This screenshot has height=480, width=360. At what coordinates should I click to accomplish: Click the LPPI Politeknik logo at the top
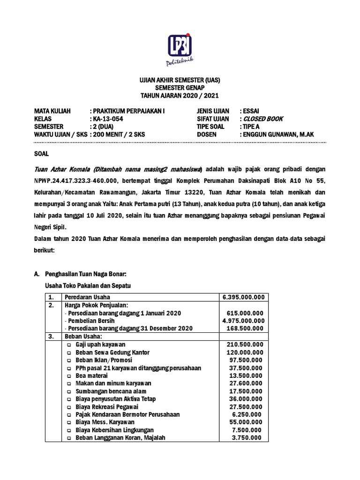180,48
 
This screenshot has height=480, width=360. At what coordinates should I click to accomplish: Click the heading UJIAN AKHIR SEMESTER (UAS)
180,80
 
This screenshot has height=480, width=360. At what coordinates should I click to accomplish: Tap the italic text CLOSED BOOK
263,119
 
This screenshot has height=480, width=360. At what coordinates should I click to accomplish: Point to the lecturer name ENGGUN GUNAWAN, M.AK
278,135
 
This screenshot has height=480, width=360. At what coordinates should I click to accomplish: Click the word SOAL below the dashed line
41,154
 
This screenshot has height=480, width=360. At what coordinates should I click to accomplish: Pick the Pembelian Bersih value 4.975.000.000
243,321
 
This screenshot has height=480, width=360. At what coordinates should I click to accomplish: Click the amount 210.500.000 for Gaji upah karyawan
245,345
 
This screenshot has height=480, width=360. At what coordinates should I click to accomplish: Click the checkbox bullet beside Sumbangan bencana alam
69,391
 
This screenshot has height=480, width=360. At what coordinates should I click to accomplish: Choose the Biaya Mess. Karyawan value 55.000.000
247,422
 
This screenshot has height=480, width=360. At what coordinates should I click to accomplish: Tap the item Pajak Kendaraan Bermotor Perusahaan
127,414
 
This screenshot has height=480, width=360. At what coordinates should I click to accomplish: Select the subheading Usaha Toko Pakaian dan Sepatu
87,285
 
